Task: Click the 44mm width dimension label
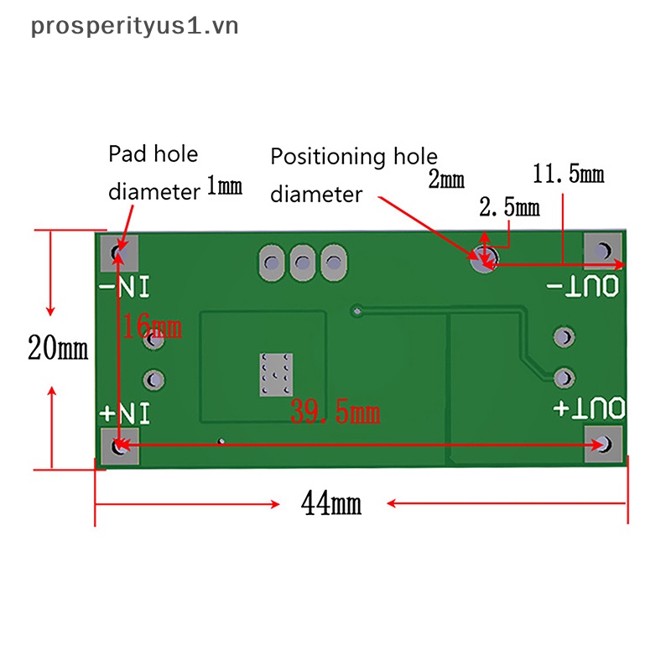coord(331,504)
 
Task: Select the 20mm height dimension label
coord(57,347)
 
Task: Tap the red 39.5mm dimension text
coord(335,412)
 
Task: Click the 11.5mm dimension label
coord(568,174)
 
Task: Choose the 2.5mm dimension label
coord(508,207)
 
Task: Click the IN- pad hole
coord(121,252)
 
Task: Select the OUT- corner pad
coord(603,251)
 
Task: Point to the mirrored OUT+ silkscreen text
coord(589,408)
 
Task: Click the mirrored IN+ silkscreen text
coord(125,414)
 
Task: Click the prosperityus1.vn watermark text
coord(134,26)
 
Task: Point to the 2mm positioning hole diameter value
coord(446,179)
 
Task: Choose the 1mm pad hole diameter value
coord(224,186)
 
